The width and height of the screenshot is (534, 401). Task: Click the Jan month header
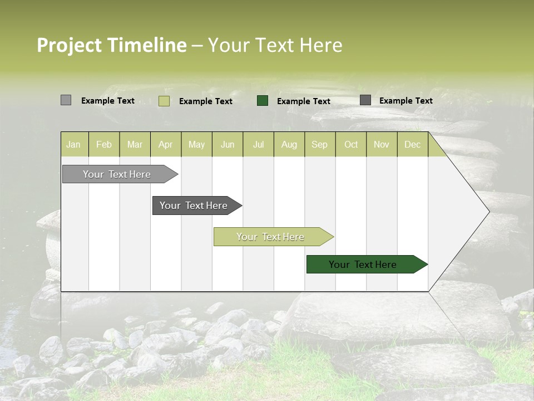coord(73,145)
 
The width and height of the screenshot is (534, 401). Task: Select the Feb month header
coord(104,145)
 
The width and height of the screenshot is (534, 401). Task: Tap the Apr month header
coord(165,145)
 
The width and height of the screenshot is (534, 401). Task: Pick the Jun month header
coord(228,145)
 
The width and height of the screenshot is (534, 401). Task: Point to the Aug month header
coord(289,145)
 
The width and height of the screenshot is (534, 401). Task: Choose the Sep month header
coord(319,145)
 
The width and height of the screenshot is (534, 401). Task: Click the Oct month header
coord(351,145)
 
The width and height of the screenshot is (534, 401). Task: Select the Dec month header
coord(412,145)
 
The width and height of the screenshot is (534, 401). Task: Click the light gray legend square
coord(66,100)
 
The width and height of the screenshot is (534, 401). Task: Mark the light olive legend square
coord(164,101)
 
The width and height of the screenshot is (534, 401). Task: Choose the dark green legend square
coord(263,101)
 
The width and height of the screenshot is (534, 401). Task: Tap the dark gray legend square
coord(365,100)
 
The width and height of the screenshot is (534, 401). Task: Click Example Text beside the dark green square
coord(303,101)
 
